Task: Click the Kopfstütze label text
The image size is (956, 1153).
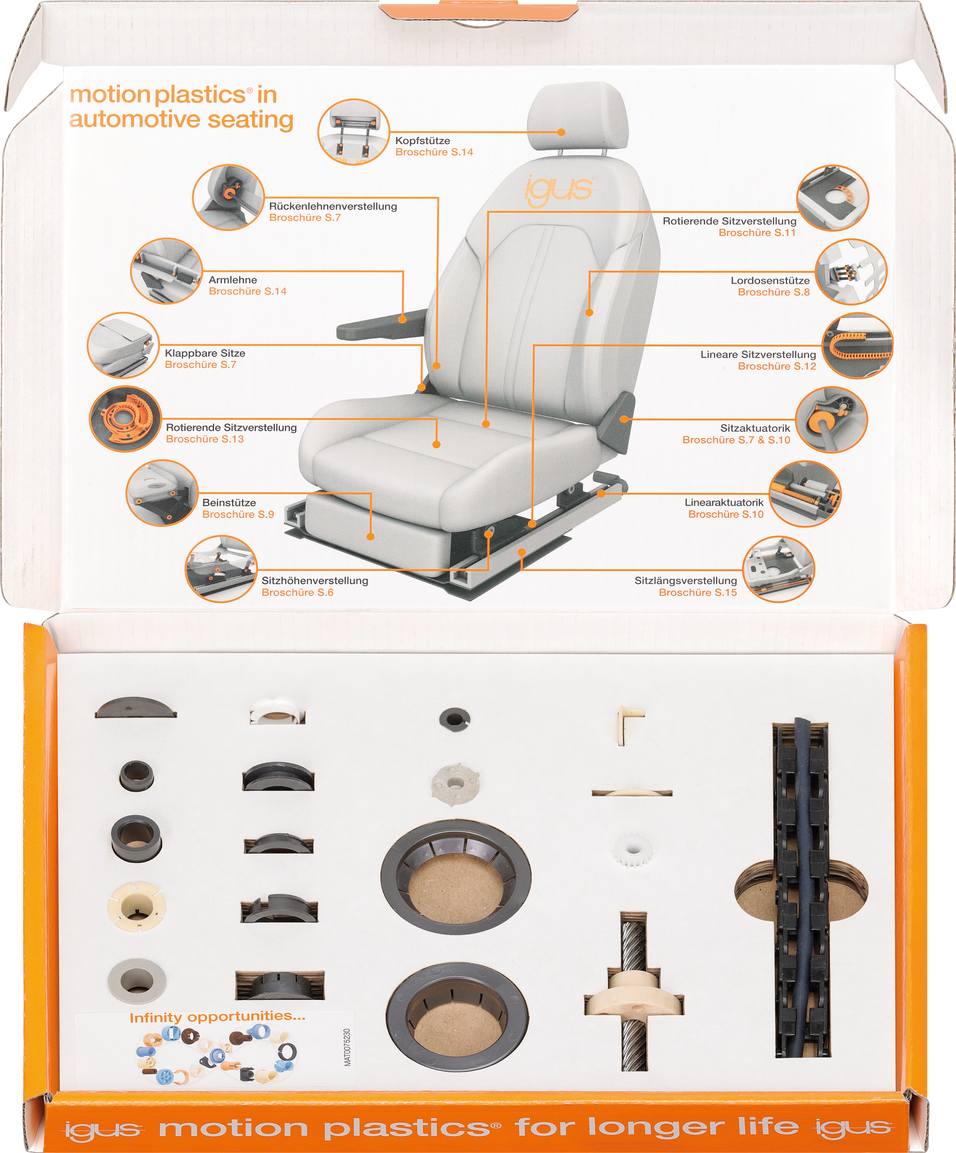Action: pyautogui.click(x=422, y=141)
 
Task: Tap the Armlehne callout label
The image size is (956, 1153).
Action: pyautogui.click(x=233, y=280)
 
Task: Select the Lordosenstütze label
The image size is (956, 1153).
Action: pyautogui.click(x=770, y=280)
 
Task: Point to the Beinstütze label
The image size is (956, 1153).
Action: pyautogui.click(x=229, y=503)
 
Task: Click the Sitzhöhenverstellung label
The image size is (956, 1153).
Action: pyautogui.click(x=315, y=580)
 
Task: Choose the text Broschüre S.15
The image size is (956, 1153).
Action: pyautogui.click(x=698, y=592)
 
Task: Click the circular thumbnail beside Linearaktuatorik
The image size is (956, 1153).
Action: pyautogui.click(x=805, y=494)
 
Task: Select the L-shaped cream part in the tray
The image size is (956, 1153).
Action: pyautogui.click(x=629, y=723)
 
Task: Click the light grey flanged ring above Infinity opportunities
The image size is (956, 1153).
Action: pyautogui.click(x=136, y=981)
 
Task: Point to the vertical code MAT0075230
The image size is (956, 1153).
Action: pyautogui.click(x=347, y=1047)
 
